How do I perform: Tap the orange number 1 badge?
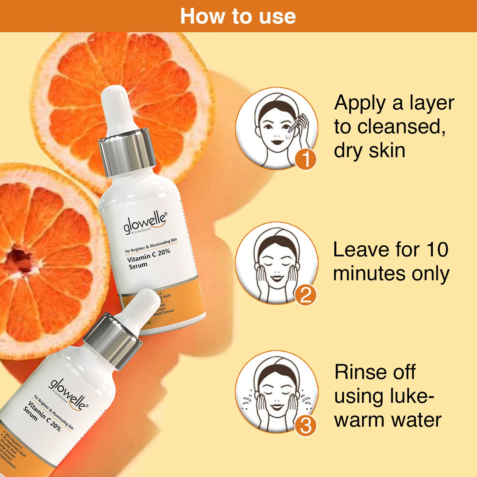pos(305,159)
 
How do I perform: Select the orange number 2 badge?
pos(305,295)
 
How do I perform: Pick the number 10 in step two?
pos(437,250)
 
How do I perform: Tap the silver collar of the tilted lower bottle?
pos(112,340)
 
